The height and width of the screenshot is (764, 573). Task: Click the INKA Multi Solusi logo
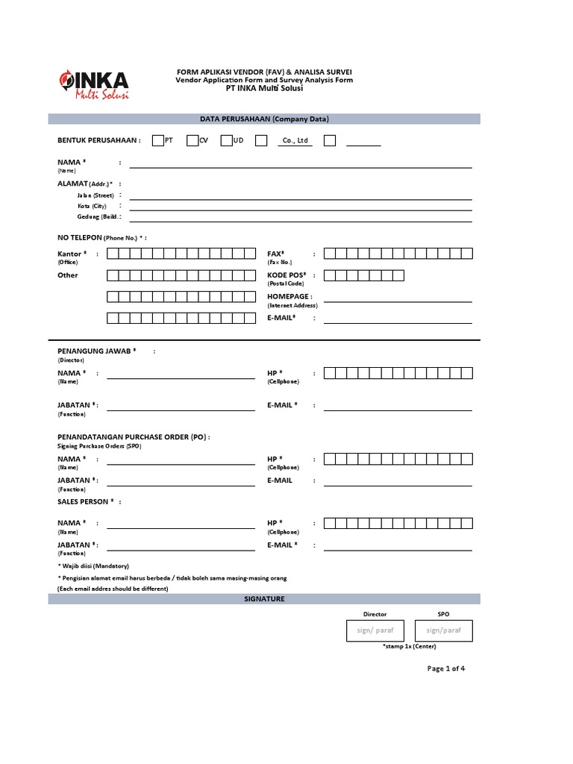pos(93,85)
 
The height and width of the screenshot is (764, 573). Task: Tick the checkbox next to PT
pos(157,140)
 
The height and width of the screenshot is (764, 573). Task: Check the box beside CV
pos(192,140)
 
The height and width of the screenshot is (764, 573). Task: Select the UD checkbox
pos(226,140)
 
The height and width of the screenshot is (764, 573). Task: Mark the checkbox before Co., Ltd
pos(260,140)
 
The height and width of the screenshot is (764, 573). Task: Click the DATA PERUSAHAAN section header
pos(264,119)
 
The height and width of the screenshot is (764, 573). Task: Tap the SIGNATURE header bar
pos(264,599)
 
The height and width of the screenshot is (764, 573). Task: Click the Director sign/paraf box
pos(375,630)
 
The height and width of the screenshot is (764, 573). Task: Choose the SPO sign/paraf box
pos(444,630)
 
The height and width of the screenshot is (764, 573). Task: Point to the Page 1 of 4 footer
pos(445,668)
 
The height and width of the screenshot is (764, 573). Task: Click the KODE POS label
pos(286,275)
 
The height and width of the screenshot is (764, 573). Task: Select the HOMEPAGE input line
pos(398,301)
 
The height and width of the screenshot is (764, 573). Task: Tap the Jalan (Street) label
pos(95,195)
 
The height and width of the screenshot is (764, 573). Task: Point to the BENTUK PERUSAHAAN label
pos(98,140)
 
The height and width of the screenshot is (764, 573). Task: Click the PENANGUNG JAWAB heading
pos(97,350)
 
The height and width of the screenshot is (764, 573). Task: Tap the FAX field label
pos(276,254)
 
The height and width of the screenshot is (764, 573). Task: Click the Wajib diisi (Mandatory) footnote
pos(94,566)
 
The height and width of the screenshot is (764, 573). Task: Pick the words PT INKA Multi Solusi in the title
pos(264,89)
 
